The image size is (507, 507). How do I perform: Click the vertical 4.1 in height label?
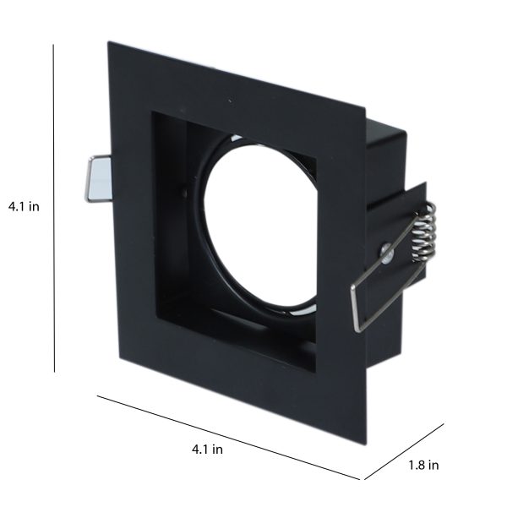tap(24, 206)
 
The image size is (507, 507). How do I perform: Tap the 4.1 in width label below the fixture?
tap(207, 450)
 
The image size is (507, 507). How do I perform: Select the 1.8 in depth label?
tap(423, 465)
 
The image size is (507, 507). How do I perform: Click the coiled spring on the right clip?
tap(424, 232)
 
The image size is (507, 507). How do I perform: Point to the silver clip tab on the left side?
tap(99, 179)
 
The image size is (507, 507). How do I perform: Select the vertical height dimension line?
tap(54, 208)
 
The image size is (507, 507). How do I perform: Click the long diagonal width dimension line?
tap(228, 437)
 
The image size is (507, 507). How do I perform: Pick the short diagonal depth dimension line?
tap(404, 451)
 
